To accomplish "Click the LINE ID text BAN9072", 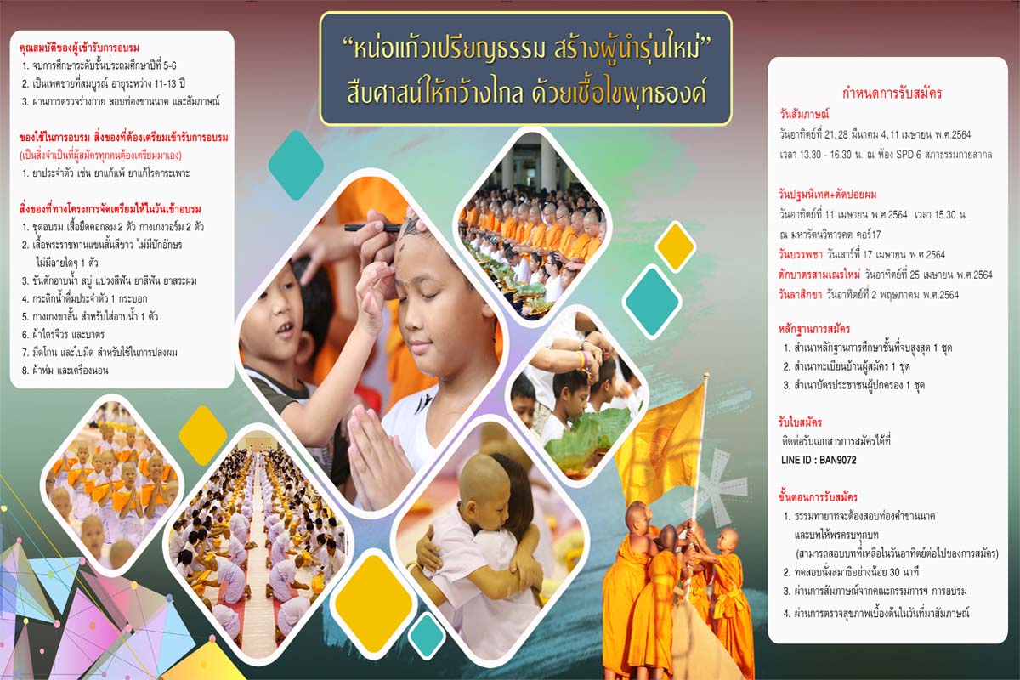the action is (838, 460).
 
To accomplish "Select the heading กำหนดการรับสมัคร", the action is (892, 93).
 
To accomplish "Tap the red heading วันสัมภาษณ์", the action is (804, 114).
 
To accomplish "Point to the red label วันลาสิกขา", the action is (800, 295).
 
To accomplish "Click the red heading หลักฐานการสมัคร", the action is (814, 329).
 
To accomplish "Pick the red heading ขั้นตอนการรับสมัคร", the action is (818, 496).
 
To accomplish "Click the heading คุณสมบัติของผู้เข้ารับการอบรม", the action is (79, 48).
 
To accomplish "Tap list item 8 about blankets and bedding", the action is (65, 371).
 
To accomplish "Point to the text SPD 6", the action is (909, 155).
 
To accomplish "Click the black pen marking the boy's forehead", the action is (372, 228).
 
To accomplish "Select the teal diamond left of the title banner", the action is (296, 165).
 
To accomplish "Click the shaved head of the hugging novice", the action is (483, 483).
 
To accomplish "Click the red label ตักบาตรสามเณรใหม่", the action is (819, 275).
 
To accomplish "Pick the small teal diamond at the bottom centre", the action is (426, 636).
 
